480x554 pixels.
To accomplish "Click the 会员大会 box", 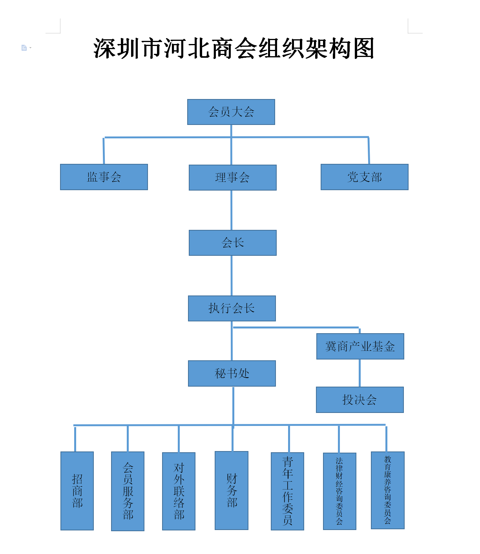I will tap(231, 112).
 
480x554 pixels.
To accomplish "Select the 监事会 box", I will tap(104, 177).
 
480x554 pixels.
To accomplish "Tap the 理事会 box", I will tap(233, 178).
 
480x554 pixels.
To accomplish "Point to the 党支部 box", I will tap(365, 177).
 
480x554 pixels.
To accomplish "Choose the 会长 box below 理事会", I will tap(233, 243).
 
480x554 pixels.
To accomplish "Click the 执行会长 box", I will tap(232, 308).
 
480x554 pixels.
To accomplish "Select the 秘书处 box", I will tap(232, 373).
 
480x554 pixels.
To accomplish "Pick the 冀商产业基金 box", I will tap(360, 347).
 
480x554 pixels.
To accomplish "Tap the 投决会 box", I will tap(360, 400).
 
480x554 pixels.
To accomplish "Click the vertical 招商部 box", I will tap(77, 491).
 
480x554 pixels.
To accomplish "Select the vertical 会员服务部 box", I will tap(128, 491).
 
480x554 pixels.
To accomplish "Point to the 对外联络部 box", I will tap(179, 491).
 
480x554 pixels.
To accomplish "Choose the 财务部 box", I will tap(232, 491).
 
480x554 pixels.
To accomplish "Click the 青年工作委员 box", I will tap(288, 491).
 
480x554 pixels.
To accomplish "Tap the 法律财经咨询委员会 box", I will tap(339, 491).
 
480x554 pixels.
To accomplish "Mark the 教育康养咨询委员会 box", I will tap(388, 490).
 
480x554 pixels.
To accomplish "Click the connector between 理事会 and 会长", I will tap(232, 210).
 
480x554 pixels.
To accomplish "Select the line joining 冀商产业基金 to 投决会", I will tap(360, 373).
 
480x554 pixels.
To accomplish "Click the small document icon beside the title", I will tap(24, 48).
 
